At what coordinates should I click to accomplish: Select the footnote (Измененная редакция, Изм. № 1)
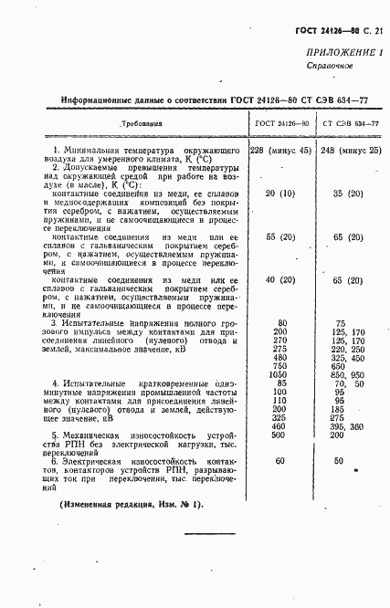click(x=132, y=505)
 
